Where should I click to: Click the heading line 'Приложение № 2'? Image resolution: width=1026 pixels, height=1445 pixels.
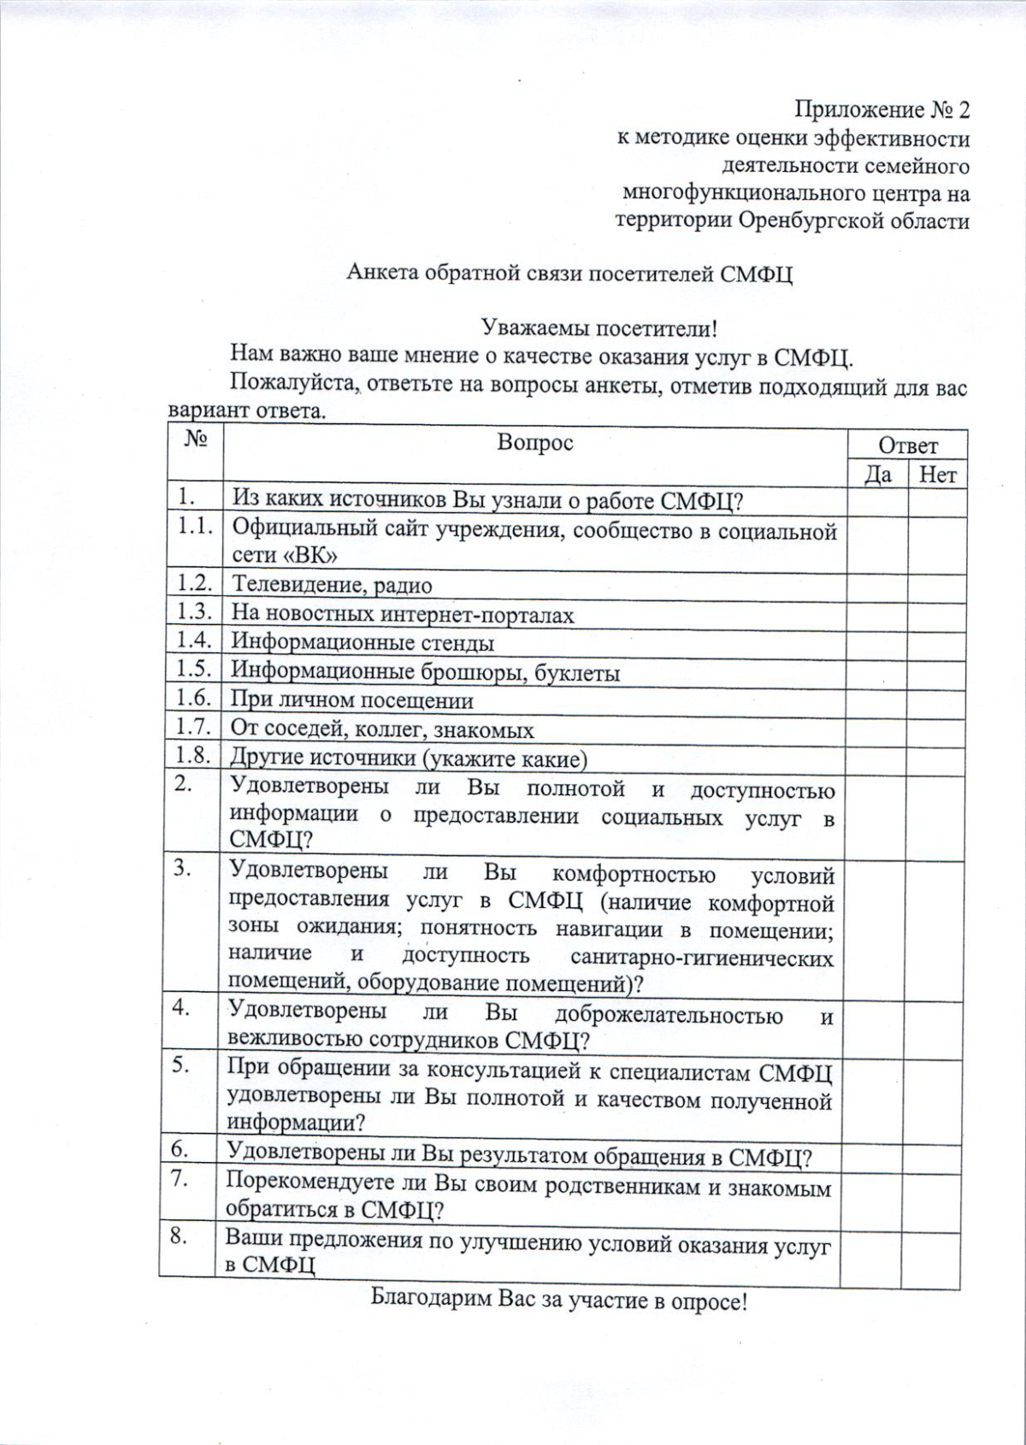click(x=882, y=110)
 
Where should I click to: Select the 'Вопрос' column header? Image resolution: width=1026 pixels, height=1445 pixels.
click(x=535, y=443)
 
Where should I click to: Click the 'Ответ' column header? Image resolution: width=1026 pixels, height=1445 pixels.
click(x=908, y=445)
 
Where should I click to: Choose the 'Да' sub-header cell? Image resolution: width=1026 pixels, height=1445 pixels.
click(x=878, y=474)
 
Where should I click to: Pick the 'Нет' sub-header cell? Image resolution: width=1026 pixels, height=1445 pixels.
click(x=937, y=474)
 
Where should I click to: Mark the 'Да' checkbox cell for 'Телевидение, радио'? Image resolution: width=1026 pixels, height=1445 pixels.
click(x=876, y=587)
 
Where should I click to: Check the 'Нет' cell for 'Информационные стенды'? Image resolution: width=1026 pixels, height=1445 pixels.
click(x=937, y=644)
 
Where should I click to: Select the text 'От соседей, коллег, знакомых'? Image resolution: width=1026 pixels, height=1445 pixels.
click(x=383, y=730)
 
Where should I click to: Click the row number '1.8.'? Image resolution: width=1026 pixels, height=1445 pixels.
click(x=193, y=756)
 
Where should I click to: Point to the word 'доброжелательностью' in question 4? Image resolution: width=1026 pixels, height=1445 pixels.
click(x=669, y=1016)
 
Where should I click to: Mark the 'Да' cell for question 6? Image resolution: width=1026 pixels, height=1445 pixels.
click(x=872, y=1158)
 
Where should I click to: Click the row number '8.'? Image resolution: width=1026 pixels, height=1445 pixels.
click(x=180, y=1236)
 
